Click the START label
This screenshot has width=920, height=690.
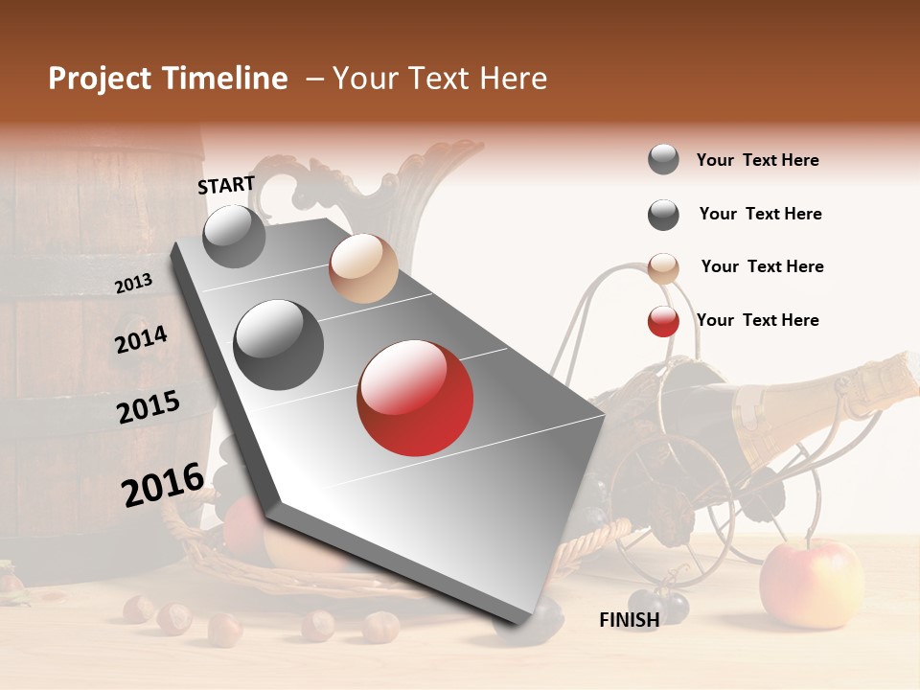pos(226,185)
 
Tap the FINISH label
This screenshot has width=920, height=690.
pos(629,620)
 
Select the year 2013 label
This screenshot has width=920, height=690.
pos(133,284)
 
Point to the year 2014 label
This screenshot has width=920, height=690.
pos(141,339)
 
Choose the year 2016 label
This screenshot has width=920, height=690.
pos(163,484)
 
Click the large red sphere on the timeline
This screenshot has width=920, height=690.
pos(415,398)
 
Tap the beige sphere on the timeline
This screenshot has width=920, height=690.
pos(363,268)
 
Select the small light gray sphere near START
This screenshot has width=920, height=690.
pos(234,236)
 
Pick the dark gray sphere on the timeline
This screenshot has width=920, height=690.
pos(279,345)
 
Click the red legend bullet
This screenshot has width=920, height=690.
pos(663,321)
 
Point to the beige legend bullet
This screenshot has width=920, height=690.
pos(663,267)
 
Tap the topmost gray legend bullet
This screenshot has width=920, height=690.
pos(663,160)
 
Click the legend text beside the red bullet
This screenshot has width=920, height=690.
pos(757,320)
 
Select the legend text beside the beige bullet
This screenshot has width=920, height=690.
pos(762,266)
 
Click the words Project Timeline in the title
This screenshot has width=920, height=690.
pos(168,79)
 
